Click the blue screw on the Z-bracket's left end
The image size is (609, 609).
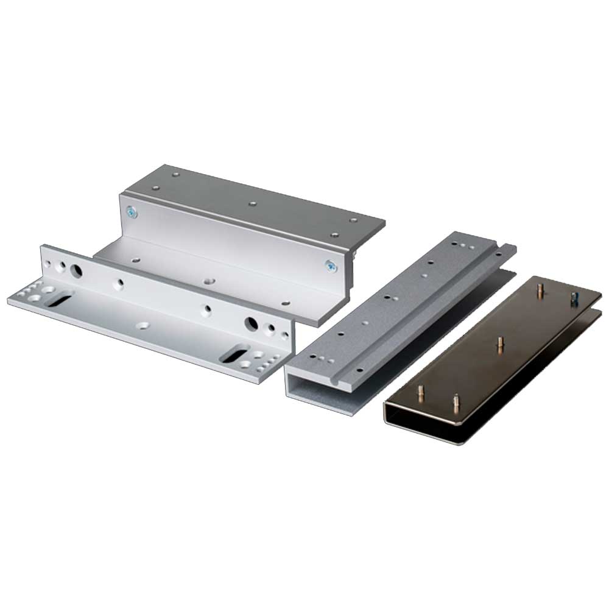(132, 211)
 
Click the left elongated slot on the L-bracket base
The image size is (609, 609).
(59, 298)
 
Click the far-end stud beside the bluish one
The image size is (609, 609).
(539, 292)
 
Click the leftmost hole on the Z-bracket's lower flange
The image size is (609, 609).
(134, 258)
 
